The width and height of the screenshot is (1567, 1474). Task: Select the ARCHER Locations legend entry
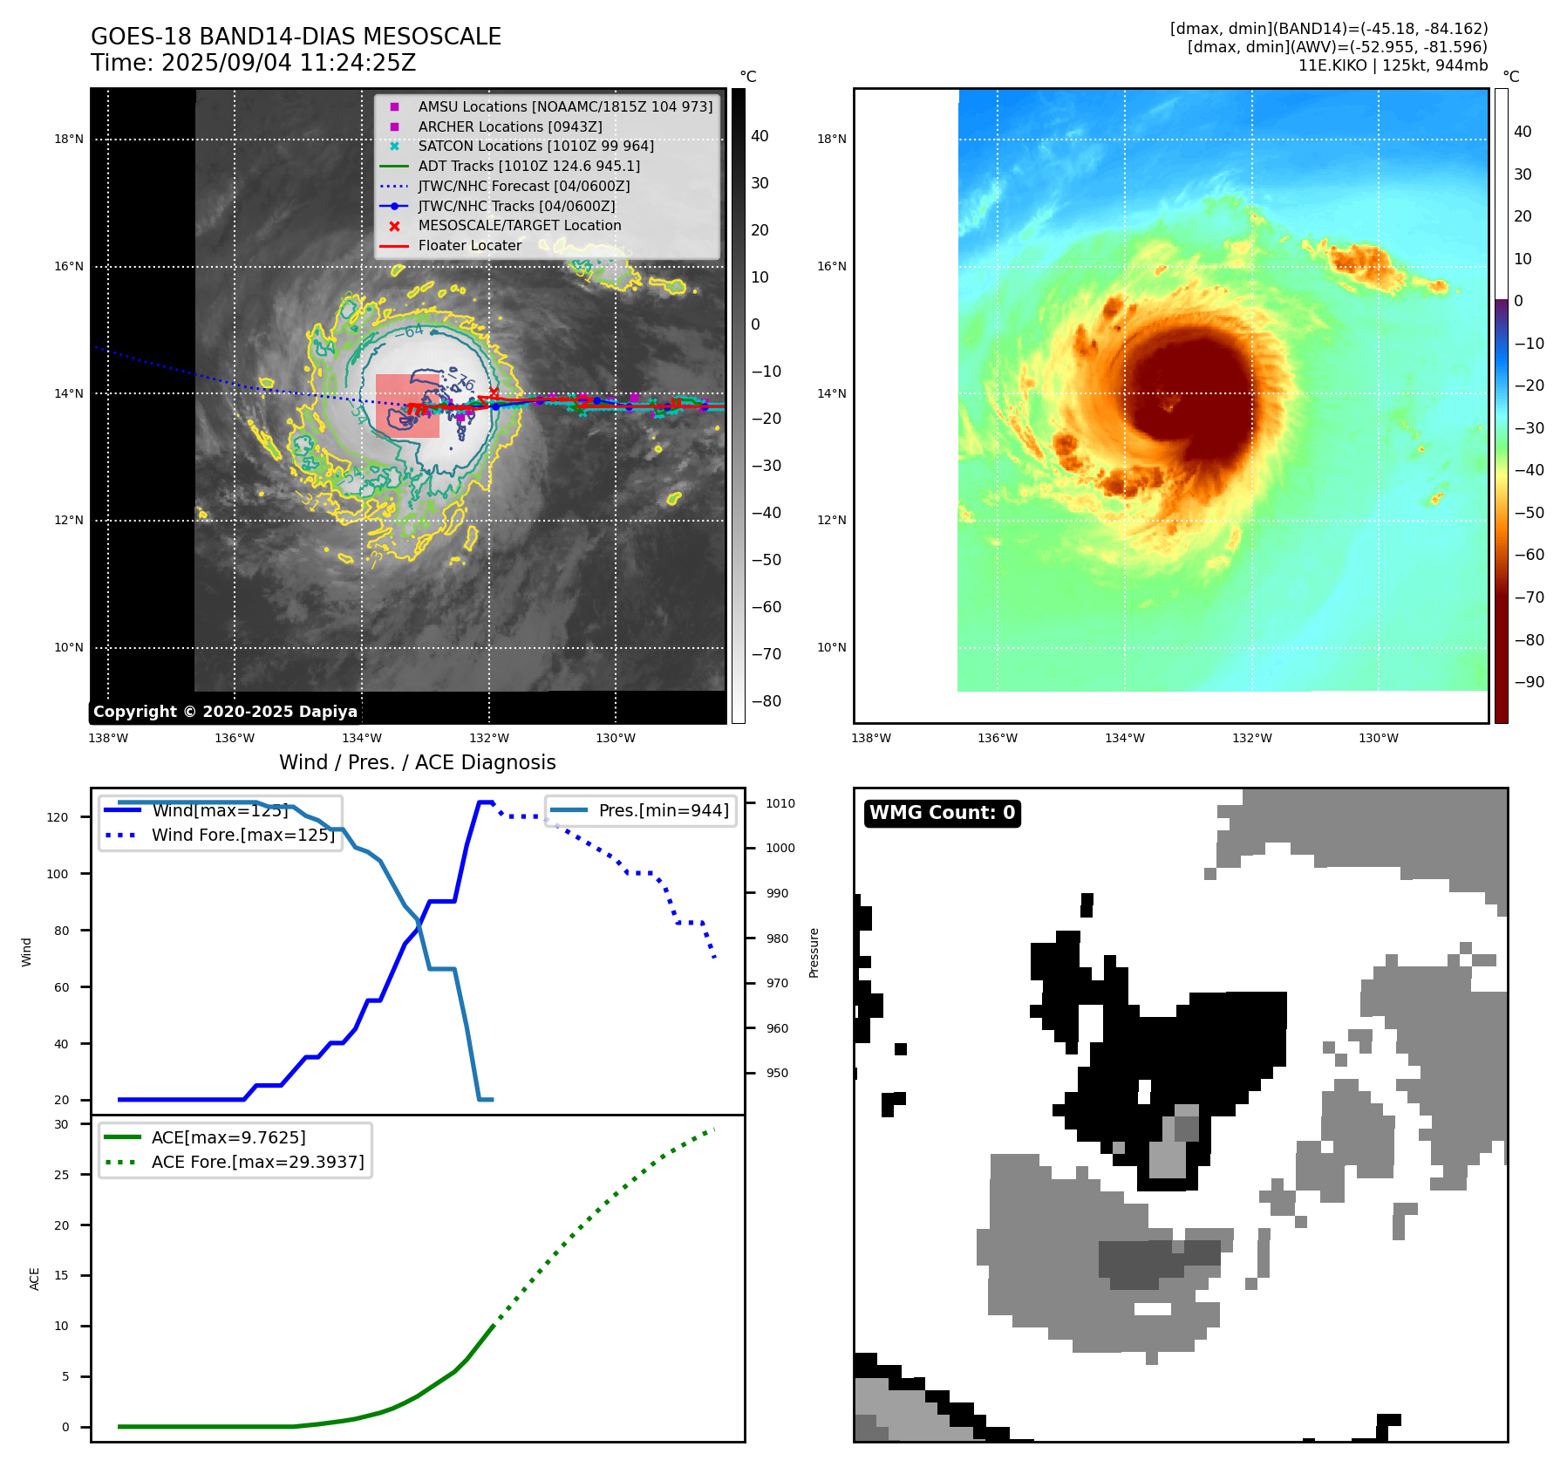point(509,126)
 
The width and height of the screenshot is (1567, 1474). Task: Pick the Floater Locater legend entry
point(469,246)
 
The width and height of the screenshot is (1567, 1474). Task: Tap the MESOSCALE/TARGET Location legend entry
point(519,226)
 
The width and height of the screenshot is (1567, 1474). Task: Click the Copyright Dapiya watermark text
point(225,712)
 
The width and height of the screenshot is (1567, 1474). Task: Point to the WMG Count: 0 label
point(942,813)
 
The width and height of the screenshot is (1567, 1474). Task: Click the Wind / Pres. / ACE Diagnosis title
point(417,762)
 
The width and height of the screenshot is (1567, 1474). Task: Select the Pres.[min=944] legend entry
point(663,810)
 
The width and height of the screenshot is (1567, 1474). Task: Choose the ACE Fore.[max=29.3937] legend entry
point(257,1162)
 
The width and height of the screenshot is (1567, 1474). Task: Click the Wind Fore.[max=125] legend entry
point(242,835)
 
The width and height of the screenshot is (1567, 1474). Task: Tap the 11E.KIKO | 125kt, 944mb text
point(1393,65)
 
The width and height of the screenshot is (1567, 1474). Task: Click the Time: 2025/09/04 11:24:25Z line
point(253,63)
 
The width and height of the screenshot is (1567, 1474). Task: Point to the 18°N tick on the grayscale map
point(69,139)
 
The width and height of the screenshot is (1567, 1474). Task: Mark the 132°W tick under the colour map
point(1251,739)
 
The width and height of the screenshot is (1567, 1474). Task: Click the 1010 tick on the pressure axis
point(780,803)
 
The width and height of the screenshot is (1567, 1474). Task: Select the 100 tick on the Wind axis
point(58,874)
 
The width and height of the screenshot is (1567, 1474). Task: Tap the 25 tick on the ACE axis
point(61,1175)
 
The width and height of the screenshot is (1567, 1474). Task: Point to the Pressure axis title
point(814,952)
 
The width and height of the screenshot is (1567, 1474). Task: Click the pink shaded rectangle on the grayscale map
point(407,406)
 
